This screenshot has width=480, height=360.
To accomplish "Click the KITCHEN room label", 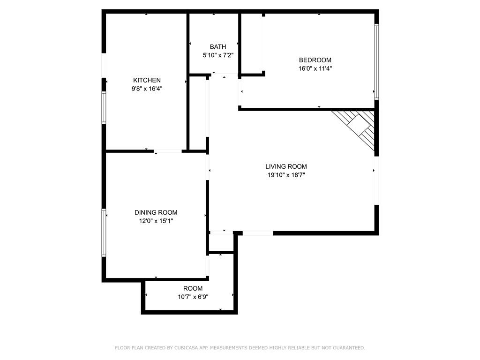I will click(x=147, y=80).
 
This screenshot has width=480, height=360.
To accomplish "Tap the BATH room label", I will click(x=217, y=46).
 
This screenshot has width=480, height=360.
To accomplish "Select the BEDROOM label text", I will click(x=315, y=60).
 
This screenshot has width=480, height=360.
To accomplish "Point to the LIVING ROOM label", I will click(x=286, y=166).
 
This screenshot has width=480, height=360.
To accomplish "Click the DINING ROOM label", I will click(x=156, y=212).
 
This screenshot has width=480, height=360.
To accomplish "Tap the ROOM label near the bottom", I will click(x=193, y=288).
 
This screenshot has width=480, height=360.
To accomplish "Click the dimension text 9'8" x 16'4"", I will click(x=147, y=88).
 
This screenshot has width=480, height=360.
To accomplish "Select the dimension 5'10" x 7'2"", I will click(x=218, y=55).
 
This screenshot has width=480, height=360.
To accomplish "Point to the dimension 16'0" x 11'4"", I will click(x=315, y=68).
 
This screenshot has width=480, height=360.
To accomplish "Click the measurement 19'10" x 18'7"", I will click(x=286, y=175).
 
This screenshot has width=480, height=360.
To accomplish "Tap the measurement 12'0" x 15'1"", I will click(x=156, y=221).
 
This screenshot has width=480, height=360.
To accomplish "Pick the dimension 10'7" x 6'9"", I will click(x=193, y=297).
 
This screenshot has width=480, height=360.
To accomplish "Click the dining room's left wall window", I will click(x=104, y=232).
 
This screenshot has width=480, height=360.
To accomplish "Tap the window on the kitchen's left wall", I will click(x=104, y=107).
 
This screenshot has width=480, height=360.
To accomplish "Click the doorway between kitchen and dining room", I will click(x=168, y=151).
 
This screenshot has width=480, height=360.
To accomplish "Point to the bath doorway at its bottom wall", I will click(x=225, y=74).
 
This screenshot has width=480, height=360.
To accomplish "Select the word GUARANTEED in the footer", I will click(x=348, y=348).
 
